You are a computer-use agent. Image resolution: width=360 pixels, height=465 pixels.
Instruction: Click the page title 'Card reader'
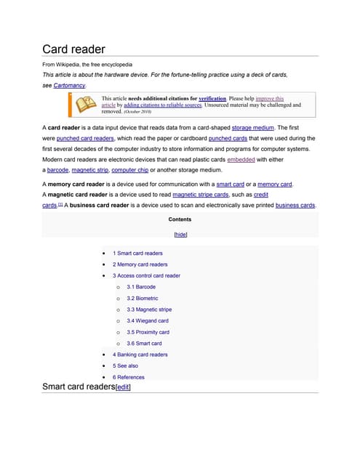(73, 49)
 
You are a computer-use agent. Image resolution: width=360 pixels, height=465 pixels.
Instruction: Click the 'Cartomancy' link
(69, 85)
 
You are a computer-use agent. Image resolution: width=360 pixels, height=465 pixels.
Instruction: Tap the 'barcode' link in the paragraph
(57, 169)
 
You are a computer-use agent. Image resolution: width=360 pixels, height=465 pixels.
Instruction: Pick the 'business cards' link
(295, 205)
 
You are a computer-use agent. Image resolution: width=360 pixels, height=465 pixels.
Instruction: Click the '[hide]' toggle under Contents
(180, 235)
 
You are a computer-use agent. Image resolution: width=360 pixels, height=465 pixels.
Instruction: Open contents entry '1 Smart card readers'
(137, 254)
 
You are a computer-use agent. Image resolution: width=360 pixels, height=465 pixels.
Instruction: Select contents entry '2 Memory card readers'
(140, 264)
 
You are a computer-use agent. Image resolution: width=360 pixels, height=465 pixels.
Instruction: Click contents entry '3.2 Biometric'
(142, 298)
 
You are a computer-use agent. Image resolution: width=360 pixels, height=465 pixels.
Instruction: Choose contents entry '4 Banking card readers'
(140, 355)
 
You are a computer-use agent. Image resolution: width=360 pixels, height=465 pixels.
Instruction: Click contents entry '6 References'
(128, 377)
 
